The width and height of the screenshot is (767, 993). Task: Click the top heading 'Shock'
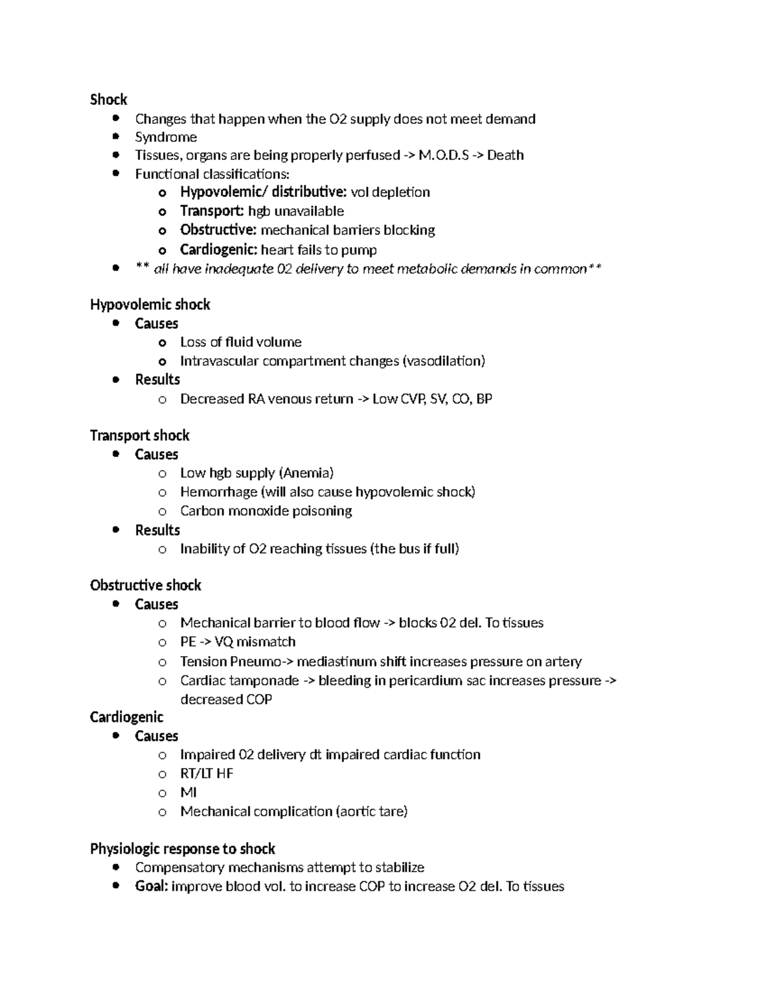pos(109,100)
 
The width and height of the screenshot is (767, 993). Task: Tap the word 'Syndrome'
pos(166,137)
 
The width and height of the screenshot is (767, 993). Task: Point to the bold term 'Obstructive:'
pos(219,230)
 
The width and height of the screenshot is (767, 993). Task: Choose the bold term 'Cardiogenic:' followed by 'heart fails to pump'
pos(219,250)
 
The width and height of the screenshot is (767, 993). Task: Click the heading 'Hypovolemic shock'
pos(150,305)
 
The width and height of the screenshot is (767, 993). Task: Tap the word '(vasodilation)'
pos(444,361)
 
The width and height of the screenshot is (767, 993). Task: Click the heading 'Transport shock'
pos(139,436)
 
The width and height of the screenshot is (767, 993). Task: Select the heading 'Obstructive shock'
pos(145,586)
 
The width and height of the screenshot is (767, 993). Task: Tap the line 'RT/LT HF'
pos(206,774)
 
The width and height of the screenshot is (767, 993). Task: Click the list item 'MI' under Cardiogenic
pos(189,793)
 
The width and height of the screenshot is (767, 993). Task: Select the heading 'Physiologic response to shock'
pos(182,849)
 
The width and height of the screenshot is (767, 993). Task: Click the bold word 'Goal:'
pos(151,887)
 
